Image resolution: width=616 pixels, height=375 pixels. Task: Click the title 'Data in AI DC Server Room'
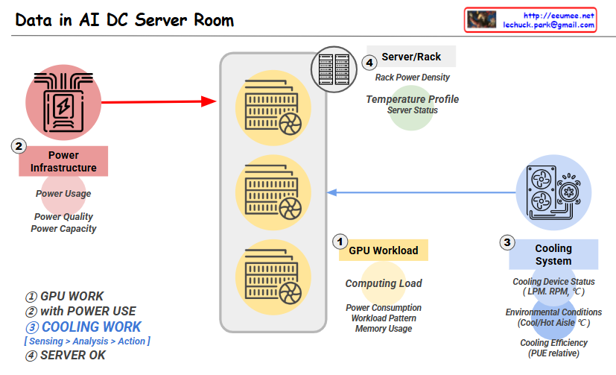[x=124, y=20]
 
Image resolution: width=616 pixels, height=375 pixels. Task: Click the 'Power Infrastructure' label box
[x=63, y=162]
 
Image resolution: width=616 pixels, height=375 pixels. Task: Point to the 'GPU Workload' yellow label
[x=383, y=250]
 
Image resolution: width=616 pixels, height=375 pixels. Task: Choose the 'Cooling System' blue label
[x=553, y=254]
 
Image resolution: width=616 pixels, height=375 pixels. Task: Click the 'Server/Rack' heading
[x=411, y=57]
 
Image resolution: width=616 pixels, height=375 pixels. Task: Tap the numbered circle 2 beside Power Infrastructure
[x=19, y=145]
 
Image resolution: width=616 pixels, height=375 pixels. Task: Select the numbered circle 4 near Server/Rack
[x=369, y=63]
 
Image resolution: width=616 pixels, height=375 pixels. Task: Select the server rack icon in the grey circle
[x=334, y=69]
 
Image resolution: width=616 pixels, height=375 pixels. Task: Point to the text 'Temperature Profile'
[x=412, y=99]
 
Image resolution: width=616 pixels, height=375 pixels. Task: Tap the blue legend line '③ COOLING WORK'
[x=83, y=327]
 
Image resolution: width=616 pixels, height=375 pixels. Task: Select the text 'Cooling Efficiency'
[x=553, y=343]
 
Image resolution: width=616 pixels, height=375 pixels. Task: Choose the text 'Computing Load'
[x=384, y=283]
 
